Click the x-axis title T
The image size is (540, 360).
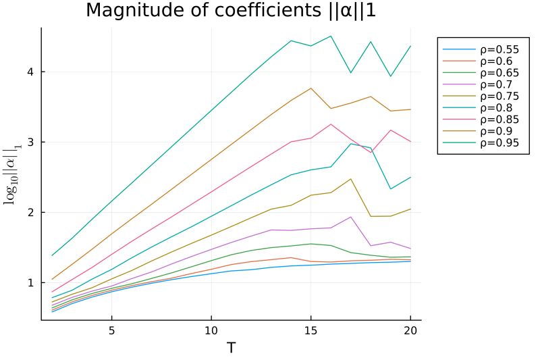231,348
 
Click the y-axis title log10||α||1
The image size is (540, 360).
11,174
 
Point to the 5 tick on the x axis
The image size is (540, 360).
111,331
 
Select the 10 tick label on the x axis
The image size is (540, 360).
211,331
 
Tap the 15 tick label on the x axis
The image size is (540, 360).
310,331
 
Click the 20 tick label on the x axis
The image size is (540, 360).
410,331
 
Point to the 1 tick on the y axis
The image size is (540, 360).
31,282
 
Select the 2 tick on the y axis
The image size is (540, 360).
31,212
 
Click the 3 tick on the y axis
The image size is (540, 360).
31,142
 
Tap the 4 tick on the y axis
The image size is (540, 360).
31,72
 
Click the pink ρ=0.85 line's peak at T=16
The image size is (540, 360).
331,124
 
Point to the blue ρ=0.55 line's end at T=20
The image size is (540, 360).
410,261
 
